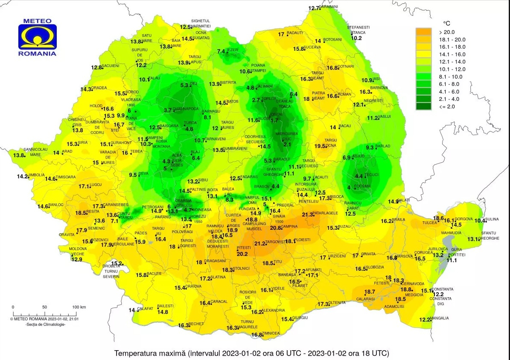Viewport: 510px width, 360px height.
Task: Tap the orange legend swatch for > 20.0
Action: [x=423, y=32]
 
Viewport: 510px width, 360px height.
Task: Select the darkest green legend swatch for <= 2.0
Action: [x=423, y=106]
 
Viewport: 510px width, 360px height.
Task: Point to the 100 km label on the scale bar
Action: [x=79, y=307]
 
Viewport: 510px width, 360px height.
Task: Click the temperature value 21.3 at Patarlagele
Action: [x=307, y=215]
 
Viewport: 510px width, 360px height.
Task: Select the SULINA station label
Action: [x=492, y=220]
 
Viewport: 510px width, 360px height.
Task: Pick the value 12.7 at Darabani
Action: [x=314, y=8]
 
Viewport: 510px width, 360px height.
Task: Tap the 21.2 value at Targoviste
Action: [x=259, y=244]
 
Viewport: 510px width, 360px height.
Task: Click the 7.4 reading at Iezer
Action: [x=221, y=52]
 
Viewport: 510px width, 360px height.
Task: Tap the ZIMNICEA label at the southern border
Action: [x=271, y=333]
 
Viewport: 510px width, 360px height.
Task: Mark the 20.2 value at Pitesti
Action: [x=242, y=254]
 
